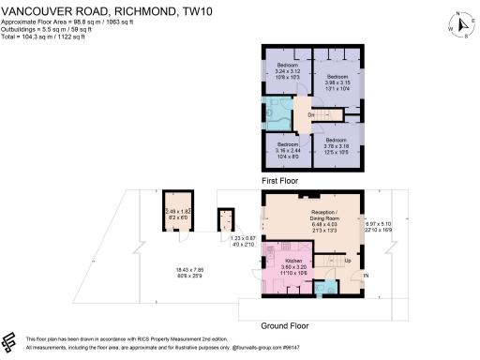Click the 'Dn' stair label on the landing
pyautogui.click(x=311, y=114)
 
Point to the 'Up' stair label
pyautogui.click(x=347, y=260)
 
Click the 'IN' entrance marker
pyautogui.click(x=366, y=275)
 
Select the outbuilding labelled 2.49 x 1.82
pyautogui.click(x=177, y=214)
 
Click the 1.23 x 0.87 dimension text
pyautogui.click(x=242, y=241)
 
